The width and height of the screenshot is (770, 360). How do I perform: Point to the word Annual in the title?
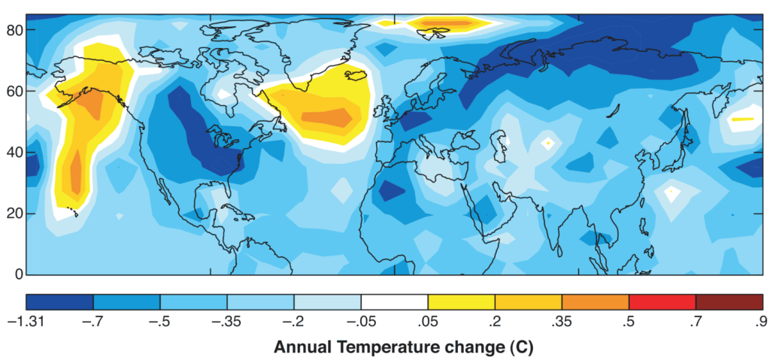coord(299,348)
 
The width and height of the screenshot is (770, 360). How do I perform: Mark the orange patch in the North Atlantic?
coord(326,117)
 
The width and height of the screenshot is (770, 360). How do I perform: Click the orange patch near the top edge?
coord(450,24)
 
